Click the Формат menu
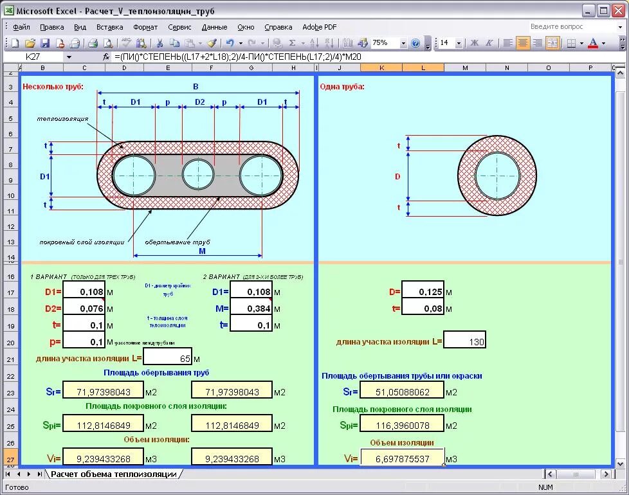pos(145,27)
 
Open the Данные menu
pos(214,27)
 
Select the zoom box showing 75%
pos(384,43)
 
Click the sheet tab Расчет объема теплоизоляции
pos(114,474)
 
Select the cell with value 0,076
pos(84,309)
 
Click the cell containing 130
pos(464,341)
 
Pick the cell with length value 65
pos(168,359)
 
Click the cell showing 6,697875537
pos(401,459)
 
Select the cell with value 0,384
pos(251,309)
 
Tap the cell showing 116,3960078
pos(401,426)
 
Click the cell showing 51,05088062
pos(401,392)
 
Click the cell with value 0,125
pos(423,292)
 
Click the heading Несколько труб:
pos(53,87)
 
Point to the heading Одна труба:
pos(342,87)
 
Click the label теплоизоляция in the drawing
pos(62,119)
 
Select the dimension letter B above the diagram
pos(196,87)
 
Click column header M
pos(464,67)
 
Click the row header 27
pos(10,459)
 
